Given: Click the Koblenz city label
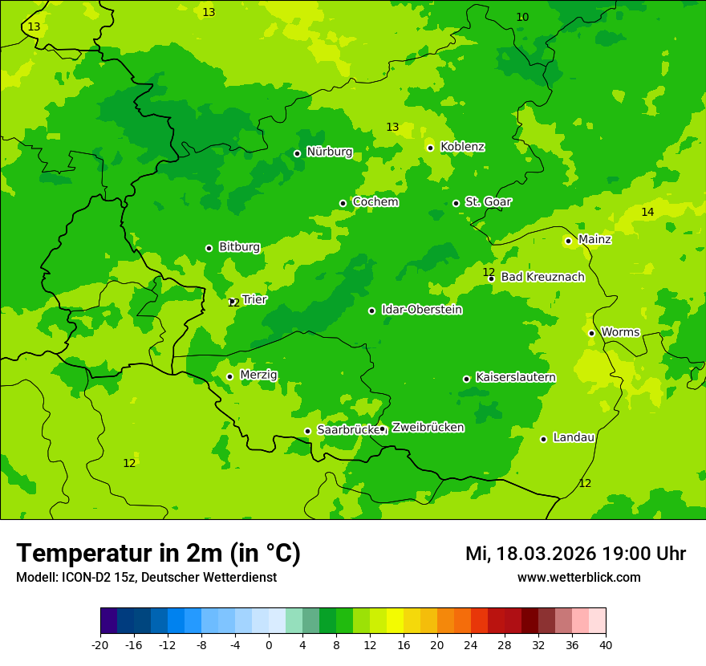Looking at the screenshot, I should tap(462, 147).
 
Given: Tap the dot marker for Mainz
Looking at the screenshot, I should tap(568, 241).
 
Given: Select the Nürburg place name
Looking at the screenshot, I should tap(329, 152).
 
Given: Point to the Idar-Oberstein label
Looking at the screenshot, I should tap(421, 310).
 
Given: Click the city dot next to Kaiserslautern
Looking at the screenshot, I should tap(466, 379).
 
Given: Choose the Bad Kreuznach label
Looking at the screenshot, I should tap(542, 277).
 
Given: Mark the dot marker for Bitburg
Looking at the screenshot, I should tap(209, 248).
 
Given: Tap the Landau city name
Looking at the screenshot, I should tap(574, 437).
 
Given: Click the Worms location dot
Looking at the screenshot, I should tap(591, 333).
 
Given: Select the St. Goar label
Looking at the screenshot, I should tap(488, 201).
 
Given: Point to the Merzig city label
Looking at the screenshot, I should tap(258, 375).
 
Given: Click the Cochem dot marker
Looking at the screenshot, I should tap(343, 203).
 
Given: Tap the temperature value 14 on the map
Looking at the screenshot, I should tap(647, 212).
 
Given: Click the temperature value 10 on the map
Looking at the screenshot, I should tap(522, 17).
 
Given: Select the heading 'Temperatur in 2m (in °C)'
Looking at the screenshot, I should tap(158, 553).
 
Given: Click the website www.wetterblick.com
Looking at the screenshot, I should tap(578, 578).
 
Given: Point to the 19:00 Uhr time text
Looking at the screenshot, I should tap(648, 554).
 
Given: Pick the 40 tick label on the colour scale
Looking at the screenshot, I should tap(605, 645).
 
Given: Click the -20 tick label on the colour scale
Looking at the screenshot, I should tap(100, 645).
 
